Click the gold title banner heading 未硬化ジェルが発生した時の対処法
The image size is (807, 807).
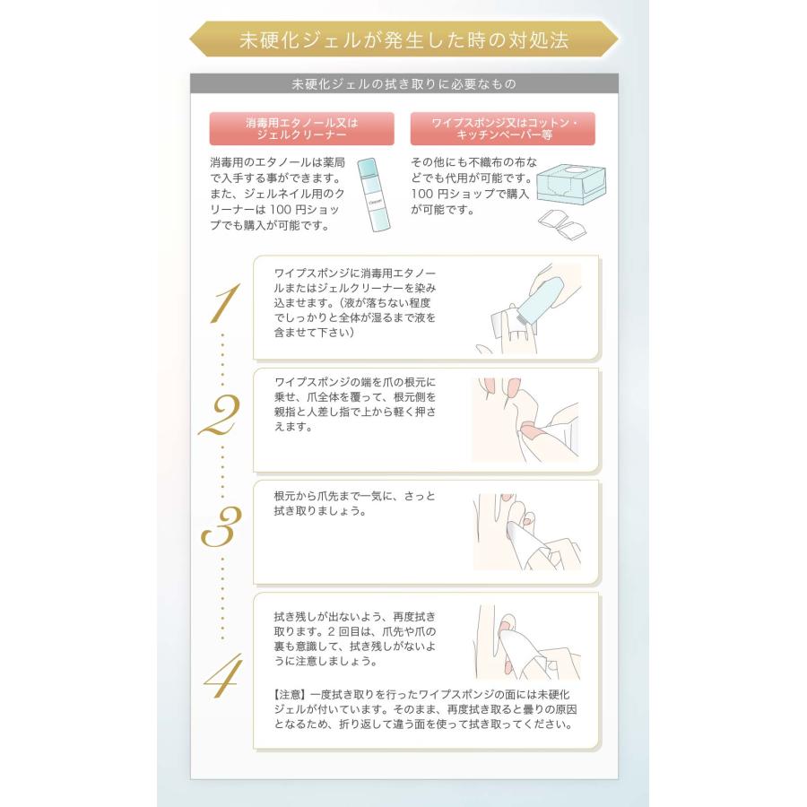click(403, 39)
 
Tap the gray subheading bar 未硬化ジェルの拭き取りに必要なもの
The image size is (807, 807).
click(404, 84)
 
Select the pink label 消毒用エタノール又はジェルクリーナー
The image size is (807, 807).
click(301, 128)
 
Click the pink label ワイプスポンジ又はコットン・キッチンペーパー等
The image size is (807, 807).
click(502, 128)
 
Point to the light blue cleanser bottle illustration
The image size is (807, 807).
click(374, 195)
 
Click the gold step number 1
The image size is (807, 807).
click(224, 304)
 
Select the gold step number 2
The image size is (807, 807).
click(220, 415)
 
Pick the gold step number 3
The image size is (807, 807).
click(221, 526)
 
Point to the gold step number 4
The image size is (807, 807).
click(223, 676)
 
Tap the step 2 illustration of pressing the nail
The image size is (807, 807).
click(525, 420)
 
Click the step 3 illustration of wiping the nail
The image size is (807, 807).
click(527, 532)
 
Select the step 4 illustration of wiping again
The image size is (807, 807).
click(527, 642)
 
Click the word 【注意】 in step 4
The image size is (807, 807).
click(291, 694)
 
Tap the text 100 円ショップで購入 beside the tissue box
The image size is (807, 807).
click(470, 194)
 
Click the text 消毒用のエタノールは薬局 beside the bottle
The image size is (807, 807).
click(277, 162)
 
